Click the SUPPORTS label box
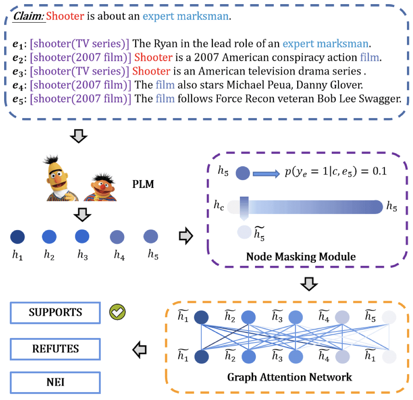[55, 313]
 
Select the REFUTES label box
[55, 349]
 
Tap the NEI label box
[55, 383]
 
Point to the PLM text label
[144, 185]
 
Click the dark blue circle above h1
[17, 237]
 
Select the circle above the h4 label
[117, 237]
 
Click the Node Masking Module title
[301, 257]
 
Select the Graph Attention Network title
[290, 377]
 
